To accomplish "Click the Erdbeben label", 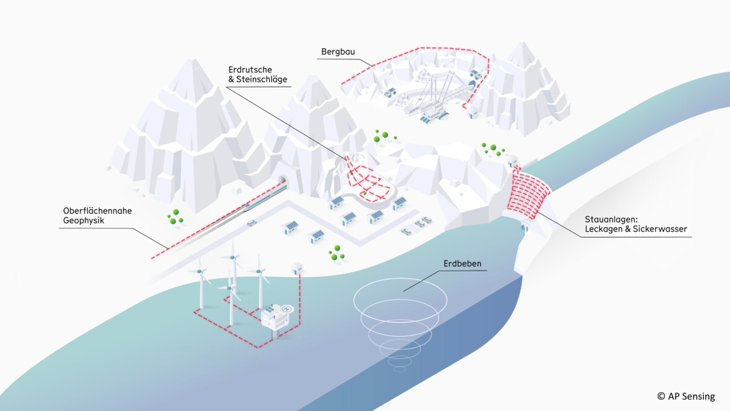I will click(x=462, y=264).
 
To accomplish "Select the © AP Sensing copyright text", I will click(x=686, y=396).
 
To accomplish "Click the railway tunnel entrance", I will click(x=282, y=181).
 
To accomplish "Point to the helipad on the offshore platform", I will click(x=287, y=308).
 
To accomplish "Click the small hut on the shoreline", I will click(x=298, y=268).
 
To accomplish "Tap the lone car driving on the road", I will click(x=251, y=222).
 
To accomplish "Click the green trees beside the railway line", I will click(x=175, y=216).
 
